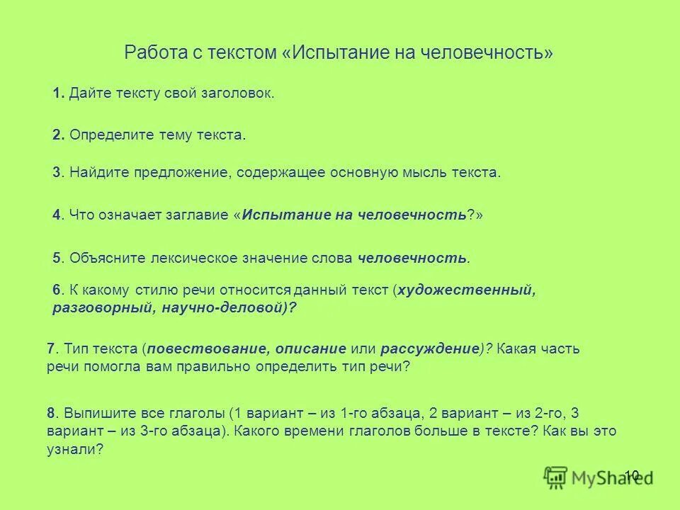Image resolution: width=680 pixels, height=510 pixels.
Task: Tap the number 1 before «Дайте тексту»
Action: pos(57,93)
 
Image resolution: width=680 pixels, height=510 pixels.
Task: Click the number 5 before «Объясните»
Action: pos(57,259)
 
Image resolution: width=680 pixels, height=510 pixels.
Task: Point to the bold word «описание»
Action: pos(311,348)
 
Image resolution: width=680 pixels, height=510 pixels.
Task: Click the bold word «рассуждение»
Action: pos(429,348)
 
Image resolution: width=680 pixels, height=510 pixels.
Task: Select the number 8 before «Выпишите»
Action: pos(52,413)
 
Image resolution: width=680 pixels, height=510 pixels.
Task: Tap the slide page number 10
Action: pos(632,475)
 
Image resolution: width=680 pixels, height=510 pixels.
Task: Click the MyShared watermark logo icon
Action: pos(556,478)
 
